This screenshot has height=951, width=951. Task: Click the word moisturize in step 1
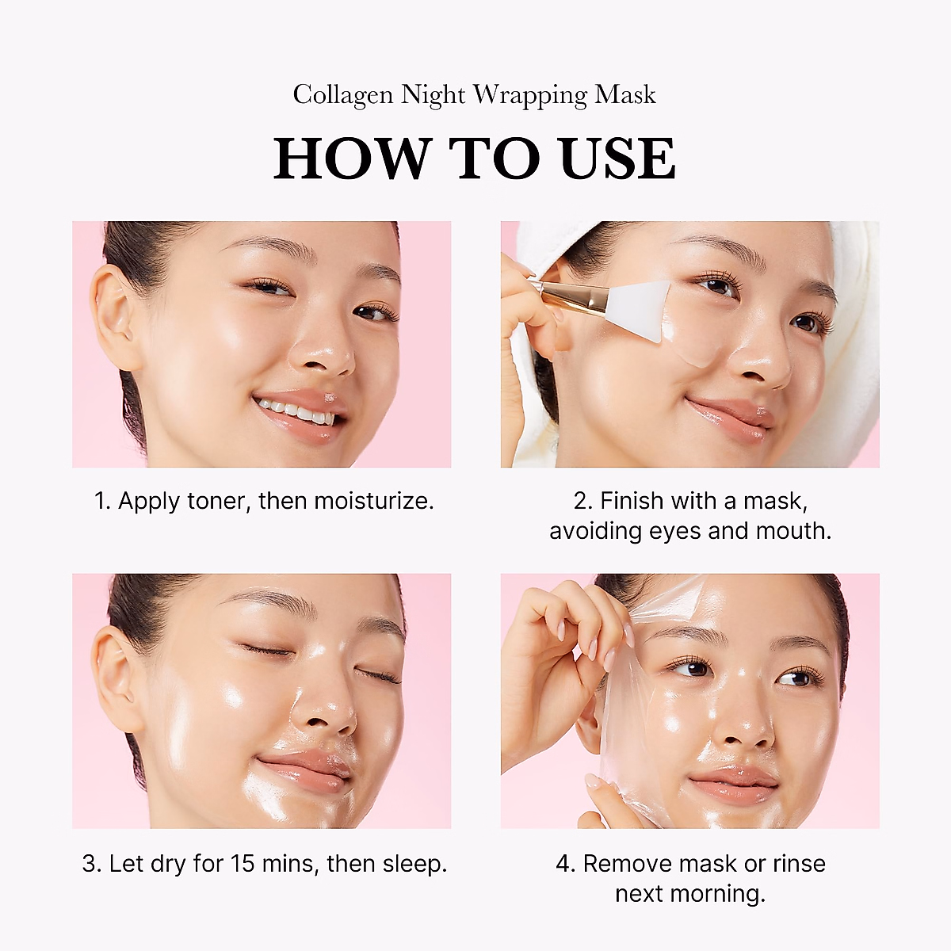[372, 501]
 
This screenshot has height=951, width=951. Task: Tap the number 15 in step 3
[243, 863]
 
